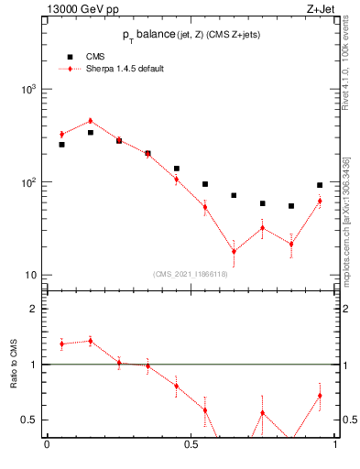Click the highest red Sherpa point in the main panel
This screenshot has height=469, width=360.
click(90, 121)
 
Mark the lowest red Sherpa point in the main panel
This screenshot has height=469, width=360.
click(234, 251)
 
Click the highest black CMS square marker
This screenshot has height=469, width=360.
click(90, 133)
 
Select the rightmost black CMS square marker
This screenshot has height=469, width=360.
click(320, 185)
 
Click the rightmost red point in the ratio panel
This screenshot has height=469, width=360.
click(320, 396)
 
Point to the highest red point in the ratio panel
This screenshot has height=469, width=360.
click(90, 341)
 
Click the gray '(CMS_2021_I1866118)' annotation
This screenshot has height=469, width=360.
click(191, 274)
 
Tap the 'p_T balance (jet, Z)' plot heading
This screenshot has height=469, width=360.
click(191, 34)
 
